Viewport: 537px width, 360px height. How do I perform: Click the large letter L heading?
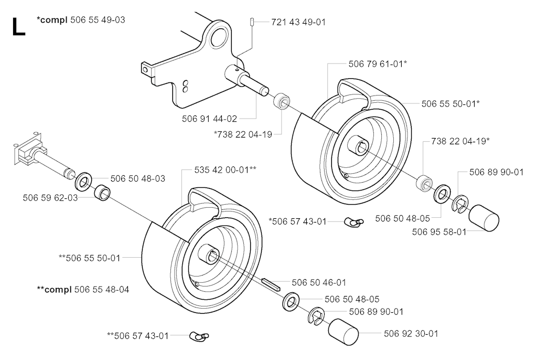pos(18,27)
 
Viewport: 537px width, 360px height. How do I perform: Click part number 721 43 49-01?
pos(298,22)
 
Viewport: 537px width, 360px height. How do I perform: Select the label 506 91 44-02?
pos(209,119)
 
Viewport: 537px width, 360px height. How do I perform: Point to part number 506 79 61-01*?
pos(378,64)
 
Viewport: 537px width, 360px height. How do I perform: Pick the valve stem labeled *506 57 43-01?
pos(354,222)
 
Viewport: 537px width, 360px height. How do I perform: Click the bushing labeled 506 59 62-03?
pos(102,192)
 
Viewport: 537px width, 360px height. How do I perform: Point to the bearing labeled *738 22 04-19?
pos(282,100)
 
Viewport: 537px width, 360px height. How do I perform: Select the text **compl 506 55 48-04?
pos(83,290)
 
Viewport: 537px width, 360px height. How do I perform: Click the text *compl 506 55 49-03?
pos(81,20)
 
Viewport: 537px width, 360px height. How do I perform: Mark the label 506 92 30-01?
pos(411,334)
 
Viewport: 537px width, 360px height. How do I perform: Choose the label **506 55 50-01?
pos(90,258)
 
